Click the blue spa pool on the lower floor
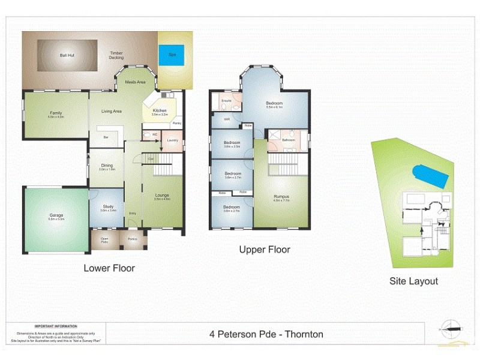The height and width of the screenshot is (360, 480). pos(172,55)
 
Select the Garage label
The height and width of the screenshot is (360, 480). pos(56,215)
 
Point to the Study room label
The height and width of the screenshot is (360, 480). pos(108,207)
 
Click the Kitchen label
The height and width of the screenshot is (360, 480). pos(160,111)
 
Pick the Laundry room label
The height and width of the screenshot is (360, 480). pos(173,140)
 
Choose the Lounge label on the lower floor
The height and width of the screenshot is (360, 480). pos(162,195)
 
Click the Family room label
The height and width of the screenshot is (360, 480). pos(56,113)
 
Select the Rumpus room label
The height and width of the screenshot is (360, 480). pos(281,197)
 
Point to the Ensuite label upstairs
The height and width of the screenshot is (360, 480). pos(226,101)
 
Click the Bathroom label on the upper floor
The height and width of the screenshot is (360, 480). pos(289,140)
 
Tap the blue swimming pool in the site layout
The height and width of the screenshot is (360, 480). pos(431,176)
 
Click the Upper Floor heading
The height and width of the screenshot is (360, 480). pos(265,250)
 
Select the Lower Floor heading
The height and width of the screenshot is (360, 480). pos(109,268)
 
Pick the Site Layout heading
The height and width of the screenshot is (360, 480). pos(413,281)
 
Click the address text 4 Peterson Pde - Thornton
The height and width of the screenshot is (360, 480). pos(266,334)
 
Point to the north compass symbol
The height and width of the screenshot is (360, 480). pos(452,328)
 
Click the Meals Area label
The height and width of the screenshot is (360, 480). pos(136,82)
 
